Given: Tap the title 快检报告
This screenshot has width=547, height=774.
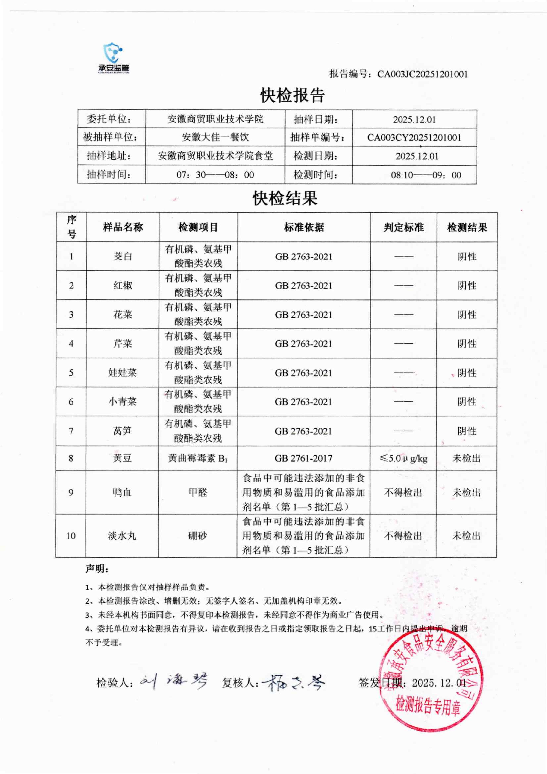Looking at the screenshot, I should [x=292, y=95].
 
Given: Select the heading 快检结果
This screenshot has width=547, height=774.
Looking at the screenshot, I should [x=285, y=198].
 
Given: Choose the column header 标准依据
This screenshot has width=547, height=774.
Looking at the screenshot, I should [x=304, y=227].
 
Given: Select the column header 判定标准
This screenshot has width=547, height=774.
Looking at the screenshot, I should [x=403, y=227].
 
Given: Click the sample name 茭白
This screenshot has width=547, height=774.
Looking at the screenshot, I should [x=123, y=257].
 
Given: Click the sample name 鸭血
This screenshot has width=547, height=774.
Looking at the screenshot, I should [x=122, y=492].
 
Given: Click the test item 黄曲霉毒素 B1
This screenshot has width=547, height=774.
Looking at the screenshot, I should [x=198, y=458].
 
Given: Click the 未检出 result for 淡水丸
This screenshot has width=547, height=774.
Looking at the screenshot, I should [x=466, y=536].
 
